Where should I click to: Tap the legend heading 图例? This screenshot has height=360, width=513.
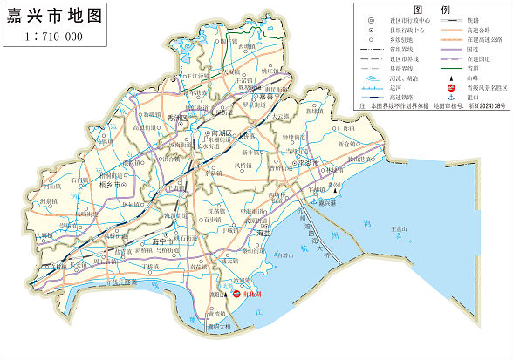tap(433, 9)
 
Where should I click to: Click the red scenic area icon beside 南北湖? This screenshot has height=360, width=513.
tap(236, 294)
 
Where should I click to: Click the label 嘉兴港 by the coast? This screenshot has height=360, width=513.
tap(327, 202)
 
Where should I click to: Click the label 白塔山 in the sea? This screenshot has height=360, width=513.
tap(284, 255)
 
